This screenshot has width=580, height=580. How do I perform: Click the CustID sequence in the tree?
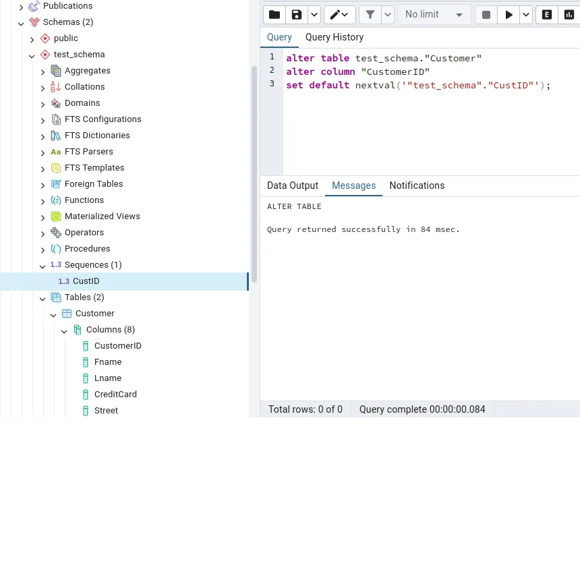86,281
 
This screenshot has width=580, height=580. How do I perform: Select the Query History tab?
334,38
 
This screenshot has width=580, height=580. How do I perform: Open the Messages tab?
353,186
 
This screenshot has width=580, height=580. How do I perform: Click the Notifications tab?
417,186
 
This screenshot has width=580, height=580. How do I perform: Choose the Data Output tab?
292,186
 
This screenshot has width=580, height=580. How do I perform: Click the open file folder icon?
274,15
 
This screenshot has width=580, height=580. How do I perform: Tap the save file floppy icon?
296,15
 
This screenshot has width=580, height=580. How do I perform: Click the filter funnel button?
370,15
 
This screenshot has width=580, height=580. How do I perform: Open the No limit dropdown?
434,15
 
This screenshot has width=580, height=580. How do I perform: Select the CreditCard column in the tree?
115,395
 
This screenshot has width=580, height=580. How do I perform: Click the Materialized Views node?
102,216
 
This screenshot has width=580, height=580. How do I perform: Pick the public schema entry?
65,38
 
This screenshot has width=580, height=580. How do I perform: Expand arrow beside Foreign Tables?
42,185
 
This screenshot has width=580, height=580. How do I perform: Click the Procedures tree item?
87,249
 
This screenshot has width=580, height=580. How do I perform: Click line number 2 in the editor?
272,70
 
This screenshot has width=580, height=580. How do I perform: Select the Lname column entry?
108,378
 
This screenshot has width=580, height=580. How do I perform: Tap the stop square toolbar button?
486,15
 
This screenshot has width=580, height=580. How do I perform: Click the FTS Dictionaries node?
97,136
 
